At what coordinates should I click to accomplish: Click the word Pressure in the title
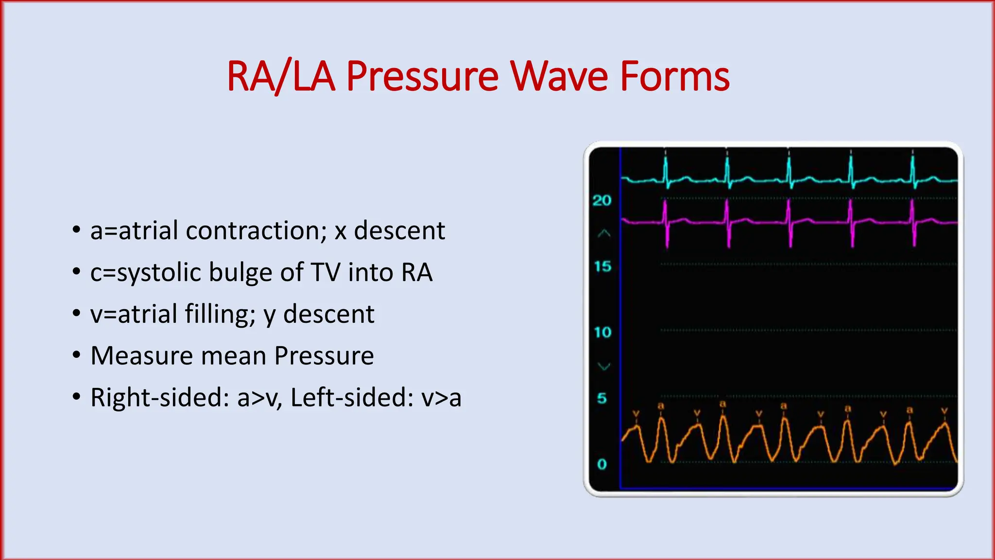coord(422,76)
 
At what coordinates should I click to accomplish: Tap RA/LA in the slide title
coord(281,76)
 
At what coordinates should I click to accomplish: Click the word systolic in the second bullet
coord(158,272)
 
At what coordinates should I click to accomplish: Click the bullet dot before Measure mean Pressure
coord(76,355)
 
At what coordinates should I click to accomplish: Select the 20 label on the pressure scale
coord(602,200)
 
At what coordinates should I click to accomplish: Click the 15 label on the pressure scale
coord(602,266)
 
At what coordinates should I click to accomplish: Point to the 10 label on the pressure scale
coord(602,332)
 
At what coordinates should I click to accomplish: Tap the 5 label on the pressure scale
coord(602,399)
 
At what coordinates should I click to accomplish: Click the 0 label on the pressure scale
coord(602,464)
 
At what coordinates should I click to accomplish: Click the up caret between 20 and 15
coord(603,234)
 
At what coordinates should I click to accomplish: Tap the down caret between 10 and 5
coord(603,366)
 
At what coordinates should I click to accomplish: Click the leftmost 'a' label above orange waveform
coord(661,405)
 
